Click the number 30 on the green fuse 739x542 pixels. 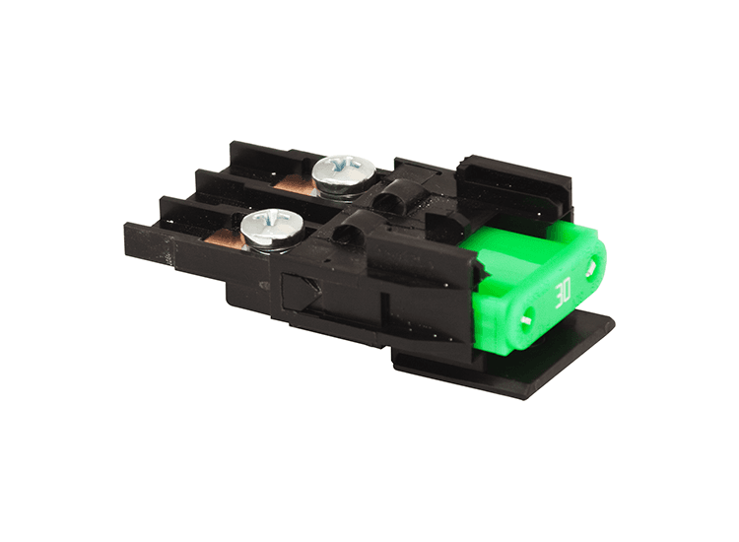pos(565,292)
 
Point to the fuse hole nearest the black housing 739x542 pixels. pos(530,319)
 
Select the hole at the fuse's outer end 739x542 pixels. pos(592,265)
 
